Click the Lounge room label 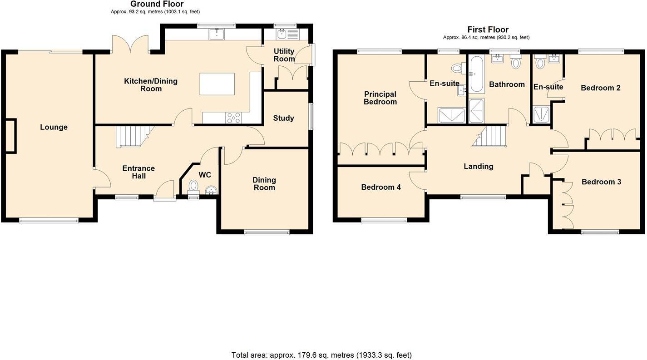54,127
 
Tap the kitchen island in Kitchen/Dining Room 217,84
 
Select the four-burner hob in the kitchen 234,118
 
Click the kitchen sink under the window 217,34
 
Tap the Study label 283,118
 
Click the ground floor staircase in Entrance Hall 132,136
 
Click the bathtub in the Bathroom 477,74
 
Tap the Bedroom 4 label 380,187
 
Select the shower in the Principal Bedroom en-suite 452,115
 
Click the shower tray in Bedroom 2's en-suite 541,114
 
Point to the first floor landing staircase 490,136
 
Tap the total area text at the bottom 321,355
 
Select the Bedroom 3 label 601,182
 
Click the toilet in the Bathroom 515,62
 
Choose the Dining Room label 264,184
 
